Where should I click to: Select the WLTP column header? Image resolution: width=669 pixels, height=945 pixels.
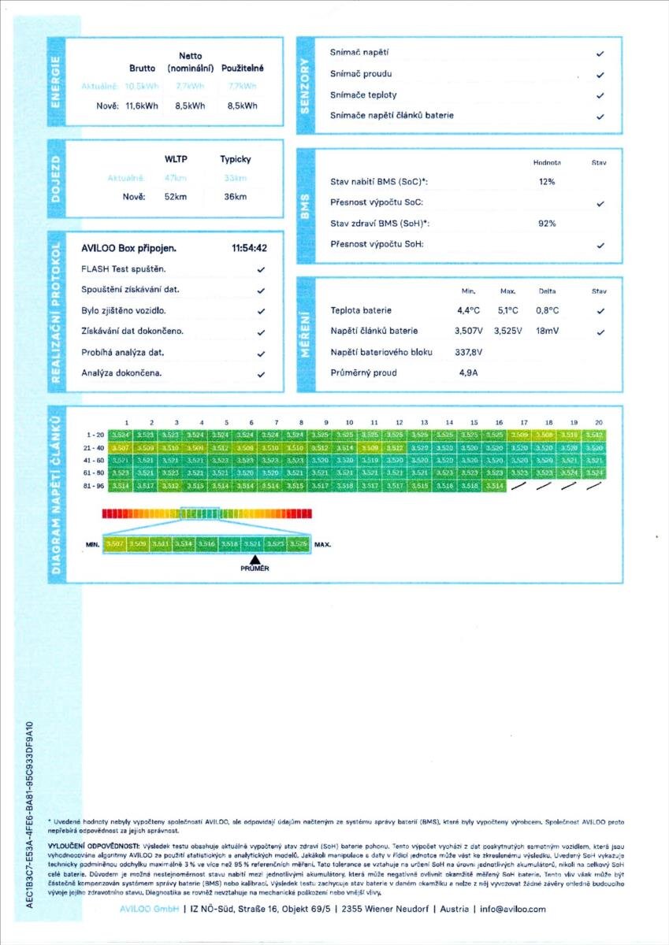[x=176, y=159]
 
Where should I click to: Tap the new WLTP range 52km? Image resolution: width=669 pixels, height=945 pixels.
[x=175, y=197]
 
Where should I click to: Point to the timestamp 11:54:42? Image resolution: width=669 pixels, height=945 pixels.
[x=250, y=248]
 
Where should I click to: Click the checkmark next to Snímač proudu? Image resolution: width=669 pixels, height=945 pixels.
[x=600, y=75]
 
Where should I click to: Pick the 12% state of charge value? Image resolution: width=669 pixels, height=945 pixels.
[x=547, y=182]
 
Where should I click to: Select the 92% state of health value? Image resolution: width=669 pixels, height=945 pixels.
[x=547, y=224]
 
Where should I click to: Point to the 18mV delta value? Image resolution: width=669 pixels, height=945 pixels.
[x=548, y=332]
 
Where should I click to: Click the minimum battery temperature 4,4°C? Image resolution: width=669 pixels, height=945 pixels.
[x=468, y=310]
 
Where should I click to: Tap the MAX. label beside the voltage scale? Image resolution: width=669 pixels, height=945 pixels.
[x=322, y=544]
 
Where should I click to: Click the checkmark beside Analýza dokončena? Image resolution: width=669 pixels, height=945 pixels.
[x=261, y=374]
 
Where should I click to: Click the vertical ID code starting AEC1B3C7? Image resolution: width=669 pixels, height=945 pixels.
[x=30, y=814]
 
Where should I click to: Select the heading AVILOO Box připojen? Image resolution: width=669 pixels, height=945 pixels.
[x=128, y=248]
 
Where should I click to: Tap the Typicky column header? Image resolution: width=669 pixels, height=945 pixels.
[x=235, y=159]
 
